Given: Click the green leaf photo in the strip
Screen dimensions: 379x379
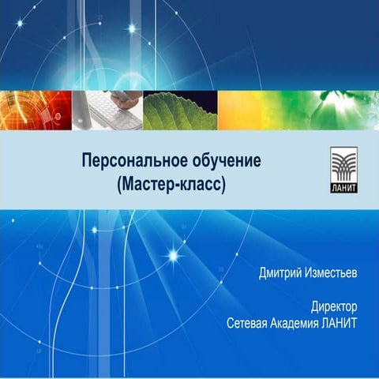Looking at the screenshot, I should [180, 110].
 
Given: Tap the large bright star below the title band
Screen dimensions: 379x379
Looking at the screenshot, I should [173, 255].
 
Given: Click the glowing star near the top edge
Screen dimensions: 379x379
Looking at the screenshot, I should [132, 29].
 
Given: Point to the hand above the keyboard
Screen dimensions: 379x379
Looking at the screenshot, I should [127, 98].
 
